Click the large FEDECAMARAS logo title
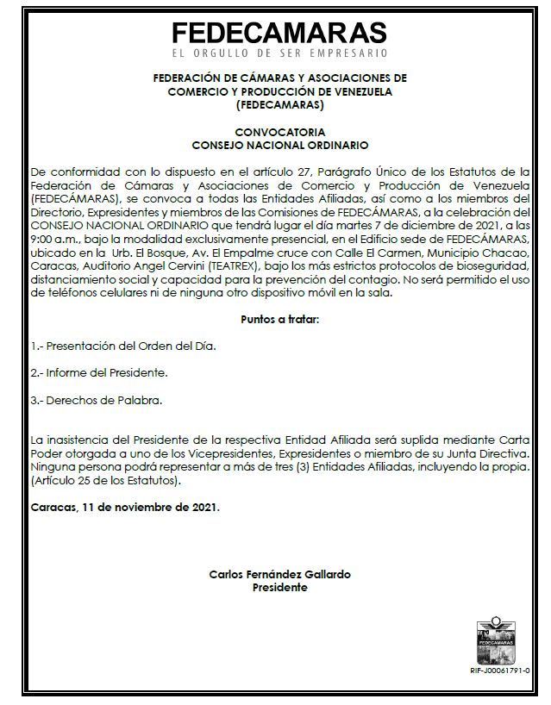(x=279, y=32)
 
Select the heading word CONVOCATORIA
(x=279, y=133)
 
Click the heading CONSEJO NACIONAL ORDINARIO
(x=279, y=145)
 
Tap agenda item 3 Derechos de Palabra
(x=96, y=401)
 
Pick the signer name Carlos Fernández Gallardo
(x=279, y=575)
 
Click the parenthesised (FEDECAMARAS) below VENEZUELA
(x=279, y=105)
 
